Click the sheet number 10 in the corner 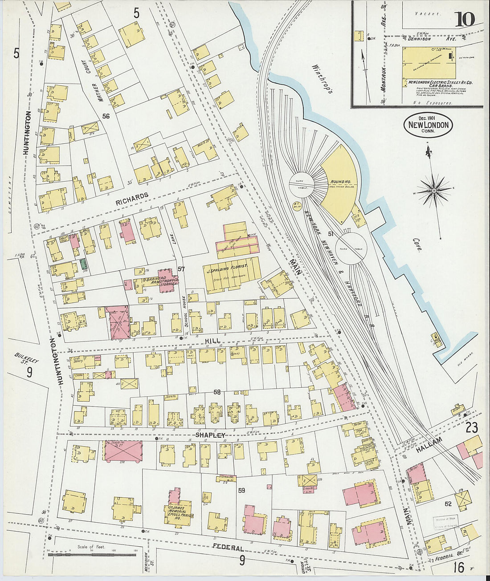pos(464,19)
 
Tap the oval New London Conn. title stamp pos(428,125)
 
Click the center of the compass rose pos(434,191)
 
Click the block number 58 pos(217,392)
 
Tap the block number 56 pos(106,116)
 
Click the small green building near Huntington pos(84,264)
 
